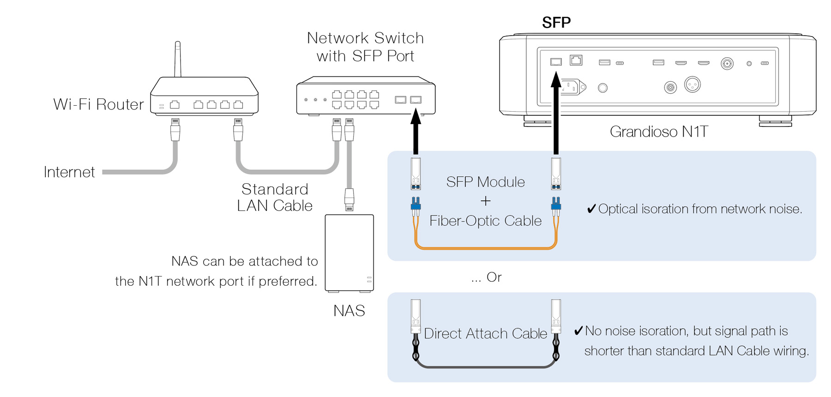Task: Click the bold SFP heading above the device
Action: click(556, 22)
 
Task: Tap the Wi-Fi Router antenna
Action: click(178, 59)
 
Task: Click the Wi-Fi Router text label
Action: click(98, 104)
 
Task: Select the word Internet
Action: click(69, 172)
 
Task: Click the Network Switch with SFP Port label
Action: click(365, 47)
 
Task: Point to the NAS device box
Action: click(349, 253)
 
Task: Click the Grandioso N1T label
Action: click(658, 132)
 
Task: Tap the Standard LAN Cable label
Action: click(275, 197)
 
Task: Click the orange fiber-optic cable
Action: click(485, 248)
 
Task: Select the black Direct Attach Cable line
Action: click(485, 367)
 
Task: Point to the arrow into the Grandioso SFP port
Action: click(556, 115)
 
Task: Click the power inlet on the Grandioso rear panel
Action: click(572, 87)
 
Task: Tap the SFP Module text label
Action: click(485, 182)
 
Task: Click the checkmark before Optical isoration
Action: click(591, 209)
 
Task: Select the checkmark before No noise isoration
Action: click(578, 331)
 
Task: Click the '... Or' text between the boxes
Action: click(487, 277)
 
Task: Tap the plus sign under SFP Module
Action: click(485, 201)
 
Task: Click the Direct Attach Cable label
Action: click(485, 333)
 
